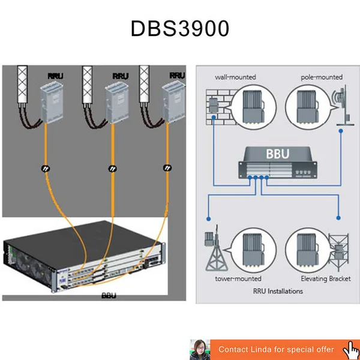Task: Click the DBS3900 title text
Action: click(179, 29)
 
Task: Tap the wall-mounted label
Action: click(235, 77)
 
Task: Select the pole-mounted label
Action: click(321, 77)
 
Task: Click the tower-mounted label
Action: click(238, 278)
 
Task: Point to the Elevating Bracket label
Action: click(325, 278)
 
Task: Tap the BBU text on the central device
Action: click(277, 154)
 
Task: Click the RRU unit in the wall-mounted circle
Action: click(253, 107)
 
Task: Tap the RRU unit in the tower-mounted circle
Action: click(253, 251)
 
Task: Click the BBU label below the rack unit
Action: click(109, 296)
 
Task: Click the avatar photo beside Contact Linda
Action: click(199, 349)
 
